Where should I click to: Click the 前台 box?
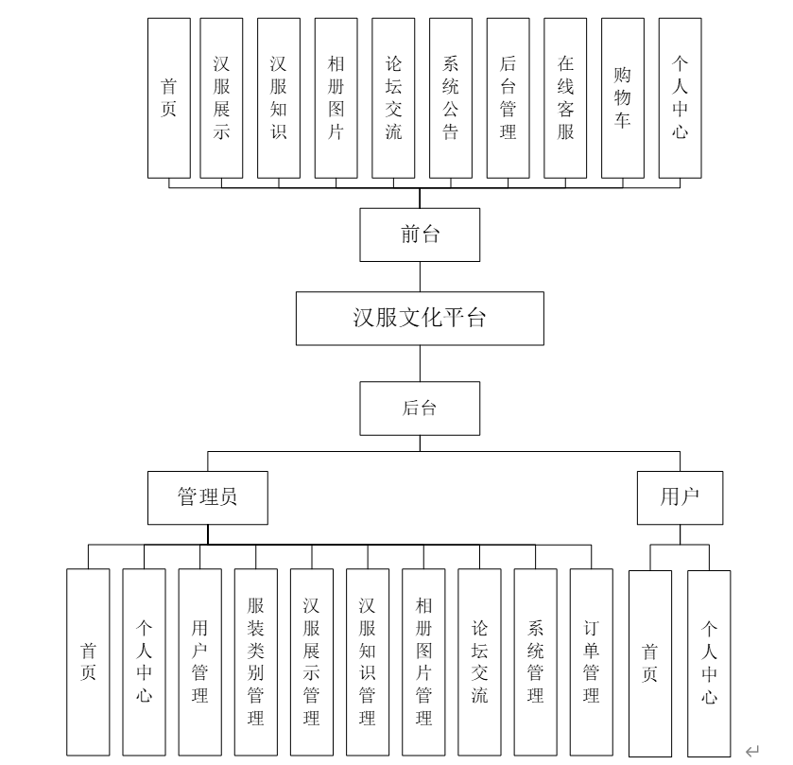pyautogui.click(x=420, y=235)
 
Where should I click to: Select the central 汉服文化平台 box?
pyautogui.click(x=420, y=318)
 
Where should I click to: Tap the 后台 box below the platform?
pyautogui.click(x=420, y=409)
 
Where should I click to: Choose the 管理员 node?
pyautogui.click(x=208, y=497)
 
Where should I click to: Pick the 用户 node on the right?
pyautogui.click(x=680, y=497)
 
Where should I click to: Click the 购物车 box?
pyautogui.click(x=623, y=98)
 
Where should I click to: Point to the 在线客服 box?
pyautogui.click(x=565, y=98)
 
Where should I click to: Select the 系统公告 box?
pyautogui.click(x=451, y=98)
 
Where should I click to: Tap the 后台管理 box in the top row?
pyautogui.click(x=509, y=98)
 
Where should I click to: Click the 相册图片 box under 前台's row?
pyautogui.click(x=336, y=98)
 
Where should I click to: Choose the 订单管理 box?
pyautogui.click(x=592, y=662)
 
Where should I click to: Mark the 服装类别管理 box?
pyautogui.click(x=255, y=662)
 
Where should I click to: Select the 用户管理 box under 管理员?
pyautogui.click(x=199, y=662)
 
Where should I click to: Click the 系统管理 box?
pyautogui.click(x=536, y=662)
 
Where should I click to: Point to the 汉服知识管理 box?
pyautogui.click(x=367, y=662)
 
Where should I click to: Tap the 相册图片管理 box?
pyautogui.click(x=423, y=662)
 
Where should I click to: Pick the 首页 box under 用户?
pyautogui.click(x=650, y=662)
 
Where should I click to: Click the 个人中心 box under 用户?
pyautogui.click(x=709, y=662)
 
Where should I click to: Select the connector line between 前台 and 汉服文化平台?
pyautogui.click(x=420, y=276)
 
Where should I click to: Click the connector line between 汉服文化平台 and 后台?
pyautogui.click(x=420, y=363)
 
